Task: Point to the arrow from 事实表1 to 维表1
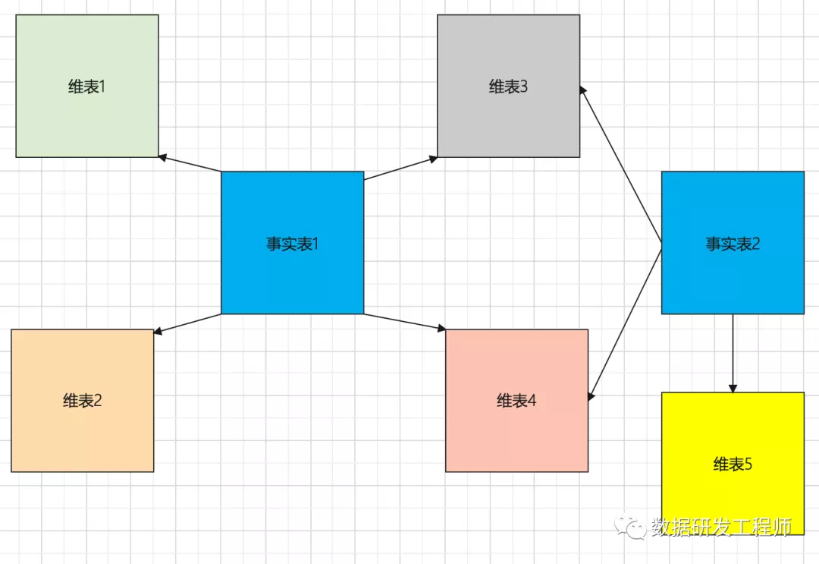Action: click(190, 164)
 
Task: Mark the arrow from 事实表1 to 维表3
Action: click(400, 169)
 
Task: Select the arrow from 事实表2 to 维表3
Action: click(620, 166)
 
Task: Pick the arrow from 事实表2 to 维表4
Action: click(626, 322)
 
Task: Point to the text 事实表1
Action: click(292, 244)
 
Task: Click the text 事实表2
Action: click(733, 244)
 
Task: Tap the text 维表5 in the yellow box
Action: click(733, 465)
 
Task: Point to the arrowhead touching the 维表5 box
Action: click(733, 388)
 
